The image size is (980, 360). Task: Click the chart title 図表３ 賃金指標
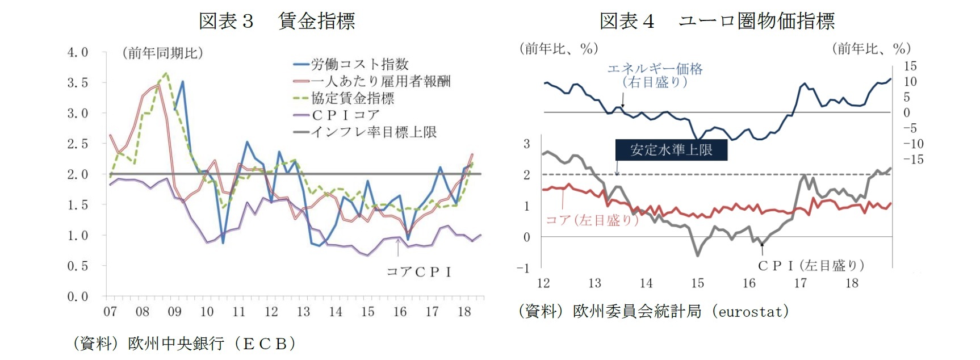[x=277, y=21]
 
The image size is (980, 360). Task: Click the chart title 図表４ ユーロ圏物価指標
[x=717, y=21]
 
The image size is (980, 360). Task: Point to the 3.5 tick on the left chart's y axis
[x=78, y=83]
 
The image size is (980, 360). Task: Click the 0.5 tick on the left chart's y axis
[x=78, y=266]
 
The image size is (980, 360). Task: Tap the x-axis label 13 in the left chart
[x=303, y=312]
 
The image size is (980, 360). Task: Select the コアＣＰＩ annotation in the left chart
[x=419, y=272]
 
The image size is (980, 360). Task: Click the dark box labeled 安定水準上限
[x=671, y=150]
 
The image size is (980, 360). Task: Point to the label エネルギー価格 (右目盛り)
[x=655, y=75]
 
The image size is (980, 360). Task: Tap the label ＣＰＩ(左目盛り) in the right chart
[x=811, y=265]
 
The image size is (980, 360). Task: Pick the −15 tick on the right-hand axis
[x=913, y=160]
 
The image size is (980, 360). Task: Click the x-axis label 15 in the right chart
[x=697, y=283]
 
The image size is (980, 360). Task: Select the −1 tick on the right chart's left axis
[x=523, y=268]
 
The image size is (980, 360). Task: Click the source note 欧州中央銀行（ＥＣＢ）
[x=211, y=344]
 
